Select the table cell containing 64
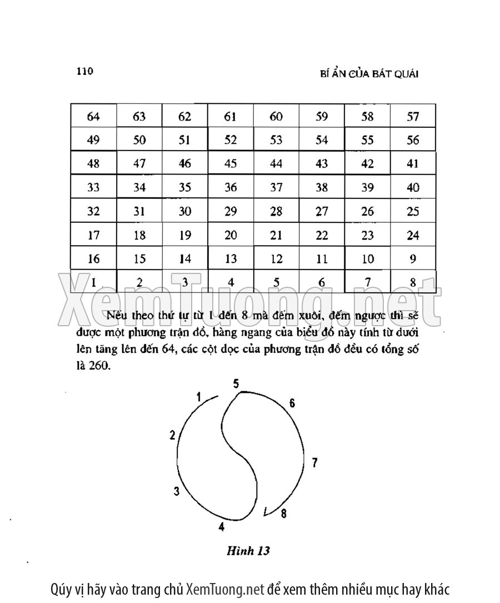93,117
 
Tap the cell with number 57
413,117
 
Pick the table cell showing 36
231,188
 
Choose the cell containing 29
231,212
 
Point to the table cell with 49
93,140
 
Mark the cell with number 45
231,164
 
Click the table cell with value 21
276,236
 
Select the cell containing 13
231,259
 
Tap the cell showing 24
413,236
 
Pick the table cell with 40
413,188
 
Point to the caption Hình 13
248,551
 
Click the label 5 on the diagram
236,383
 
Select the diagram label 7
314,462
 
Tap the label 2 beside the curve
173,435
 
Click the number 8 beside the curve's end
283,514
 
